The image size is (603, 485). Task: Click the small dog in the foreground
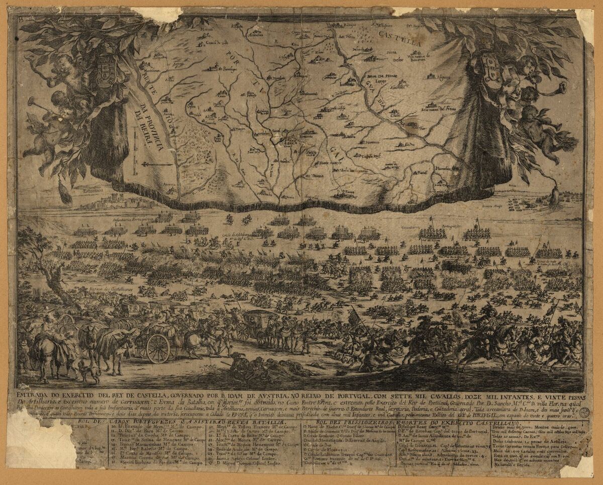(x=89, y=371)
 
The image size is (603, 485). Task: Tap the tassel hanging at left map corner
(x=65, y=193)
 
